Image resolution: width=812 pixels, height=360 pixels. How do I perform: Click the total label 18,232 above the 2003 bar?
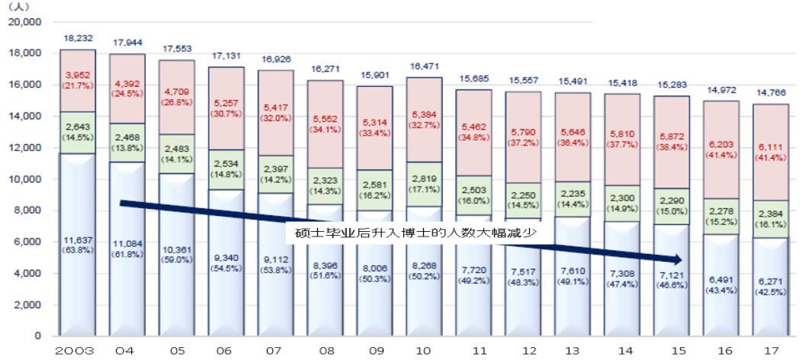[x=78, y=37]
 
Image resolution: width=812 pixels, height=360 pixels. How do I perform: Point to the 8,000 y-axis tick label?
[x=27, y=211]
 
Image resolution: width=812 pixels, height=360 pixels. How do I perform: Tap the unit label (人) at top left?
[x=16, y=6]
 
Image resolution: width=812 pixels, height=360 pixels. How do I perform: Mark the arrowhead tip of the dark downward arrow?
[x=682, y=260]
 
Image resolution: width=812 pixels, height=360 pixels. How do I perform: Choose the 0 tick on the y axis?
[x=36, y=336]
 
